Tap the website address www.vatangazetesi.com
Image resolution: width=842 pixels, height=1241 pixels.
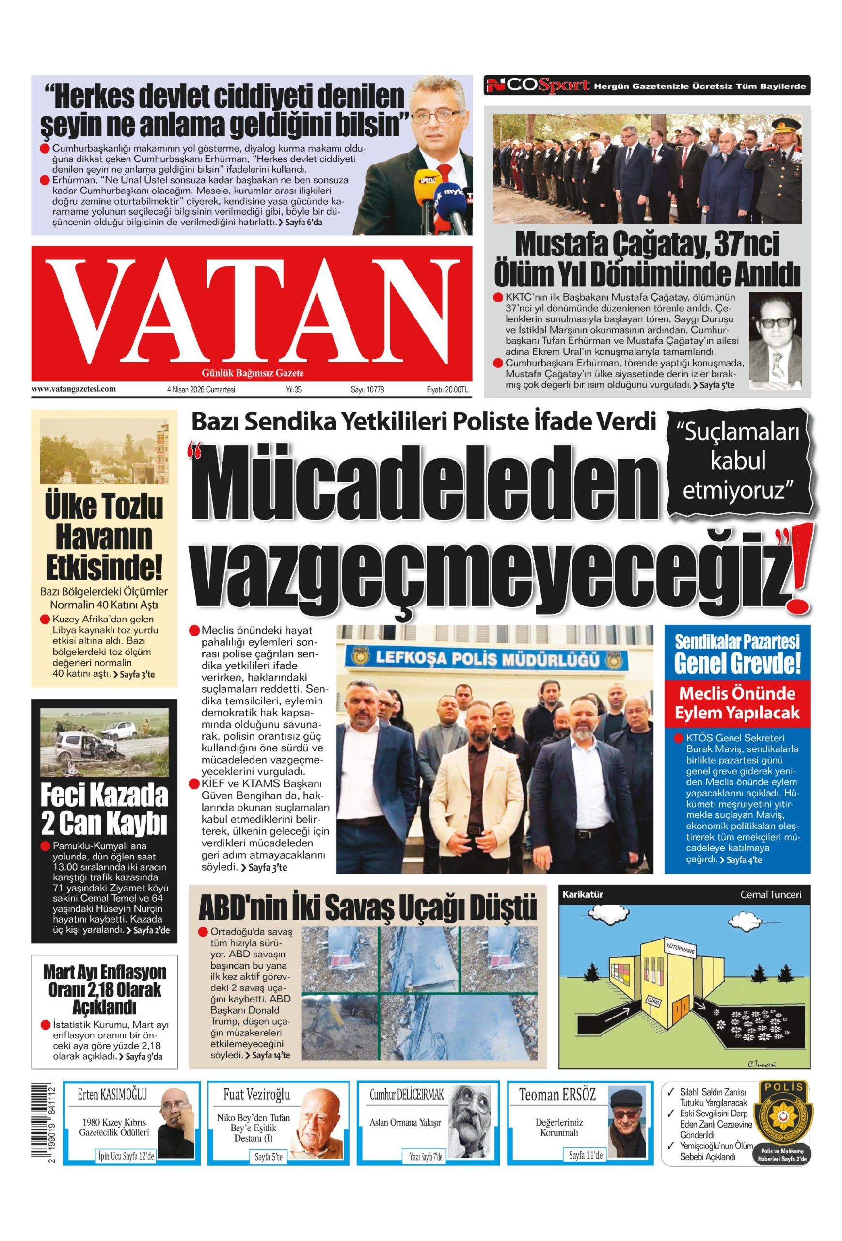[x=74, y=389]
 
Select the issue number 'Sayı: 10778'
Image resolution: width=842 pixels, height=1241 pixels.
[x=367, y=390]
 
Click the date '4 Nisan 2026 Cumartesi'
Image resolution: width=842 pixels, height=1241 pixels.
[x=201, y=390]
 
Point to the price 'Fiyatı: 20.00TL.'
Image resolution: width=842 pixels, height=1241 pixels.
[x=447, y=390]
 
